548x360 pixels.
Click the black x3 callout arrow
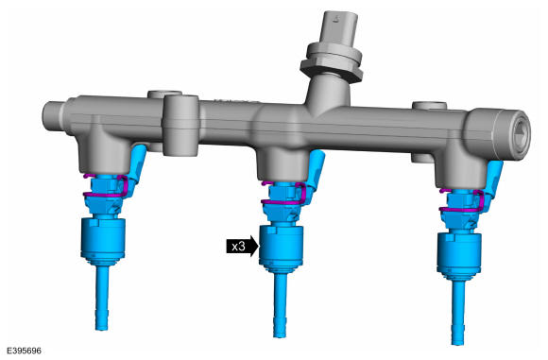click(242, 247)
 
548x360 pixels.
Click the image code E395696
click(24, 351)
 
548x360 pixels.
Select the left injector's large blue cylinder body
click(103, 238)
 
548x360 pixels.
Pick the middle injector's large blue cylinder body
click(281, 246)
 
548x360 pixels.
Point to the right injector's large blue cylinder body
click(459, 252)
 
